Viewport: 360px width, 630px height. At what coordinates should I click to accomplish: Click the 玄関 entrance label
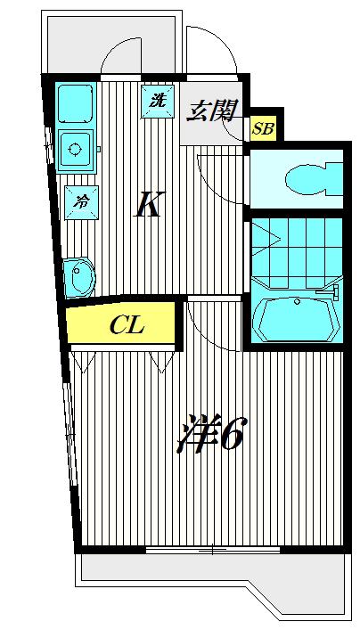[211, 110]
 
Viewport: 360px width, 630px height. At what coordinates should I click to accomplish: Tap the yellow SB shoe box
[263, 128]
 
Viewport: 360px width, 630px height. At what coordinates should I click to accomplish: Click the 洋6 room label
[210, 434]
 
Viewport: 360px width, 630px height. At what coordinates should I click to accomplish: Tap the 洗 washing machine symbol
[158, 102]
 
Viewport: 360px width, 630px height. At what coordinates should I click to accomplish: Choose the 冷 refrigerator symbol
[82, 202]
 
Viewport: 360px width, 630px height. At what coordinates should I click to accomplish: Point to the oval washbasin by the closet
[79, 277]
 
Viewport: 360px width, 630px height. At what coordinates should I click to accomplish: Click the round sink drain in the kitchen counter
[75, 150]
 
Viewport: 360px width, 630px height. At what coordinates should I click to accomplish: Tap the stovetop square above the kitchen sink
[75, 103]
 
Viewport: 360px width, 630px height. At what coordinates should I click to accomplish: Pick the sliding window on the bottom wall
[213, 550]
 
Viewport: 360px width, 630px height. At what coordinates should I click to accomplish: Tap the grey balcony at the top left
[111, 45]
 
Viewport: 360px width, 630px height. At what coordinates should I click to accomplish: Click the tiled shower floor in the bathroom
[297, 251]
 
